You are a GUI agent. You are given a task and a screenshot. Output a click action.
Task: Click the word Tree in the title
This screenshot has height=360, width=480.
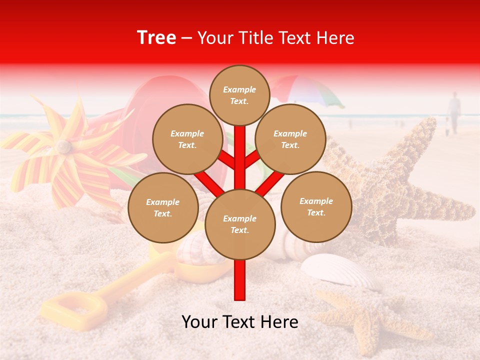click(156, 38)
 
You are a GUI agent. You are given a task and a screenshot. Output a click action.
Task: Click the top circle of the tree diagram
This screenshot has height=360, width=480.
click(239, 95)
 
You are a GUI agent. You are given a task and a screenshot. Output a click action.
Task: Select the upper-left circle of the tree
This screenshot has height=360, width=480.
click(187, 139)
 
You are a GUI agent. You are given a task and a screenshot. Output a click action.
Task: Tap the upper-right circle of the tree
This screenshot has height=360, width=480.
click(290, 139)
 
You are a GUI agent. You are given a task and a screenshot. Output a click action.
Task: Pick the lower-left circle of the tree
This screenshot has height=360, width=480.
click(163, 207)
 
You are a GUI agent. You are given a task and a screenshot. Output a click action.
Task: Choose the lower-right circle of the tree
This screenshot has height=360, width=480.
click(316, 206)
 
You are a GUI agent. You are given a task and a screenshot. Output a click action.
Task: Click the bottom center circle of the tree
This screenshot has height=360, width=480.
click(240, 224)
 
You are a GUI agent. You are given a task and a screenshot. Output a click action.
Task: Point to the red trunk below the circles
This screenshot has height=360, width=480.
click(240, 280)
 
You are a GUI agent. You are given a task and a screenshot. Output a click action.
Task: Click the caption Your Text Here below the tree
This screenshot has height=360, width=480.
click(240, 322)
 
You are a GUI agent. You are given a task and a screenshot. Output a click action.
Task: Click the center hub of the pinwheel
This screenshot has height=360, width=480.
click(63, 146)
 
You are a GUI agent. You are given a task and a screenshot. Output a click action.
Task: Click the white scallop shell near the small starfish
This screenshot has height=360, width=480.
click(340, 270)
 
